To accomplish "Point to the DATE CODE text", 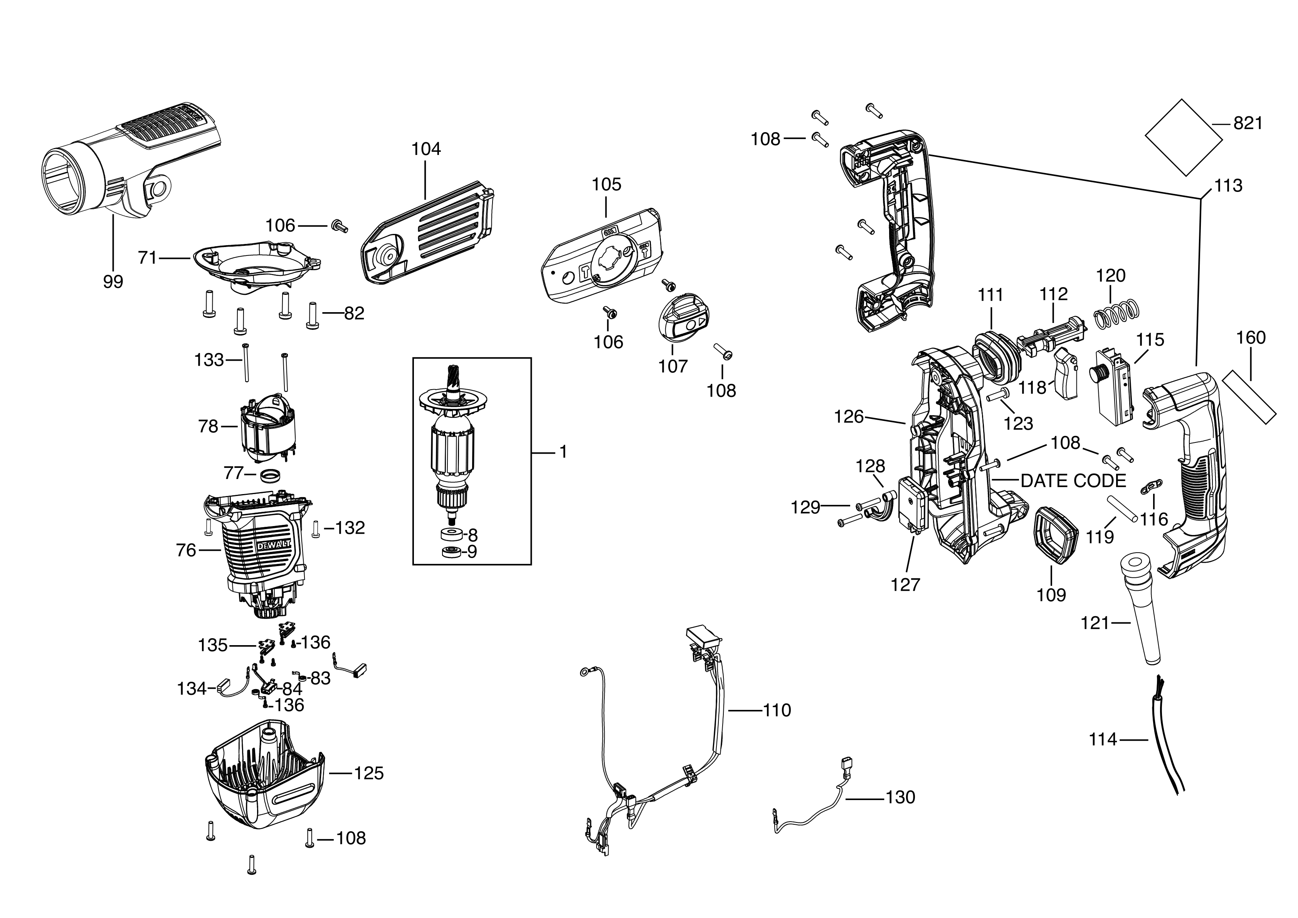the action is pos(1073,481).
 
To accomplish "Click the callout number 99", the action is pos(113,281).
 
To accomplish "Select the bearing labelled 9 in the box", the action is pos(451,552).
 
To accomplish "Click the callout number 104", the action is pos(426,149).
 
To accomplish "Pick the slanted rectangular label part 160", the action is pos(1249,397).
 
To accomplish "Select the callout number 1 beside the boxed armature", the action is pos(563,452).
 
